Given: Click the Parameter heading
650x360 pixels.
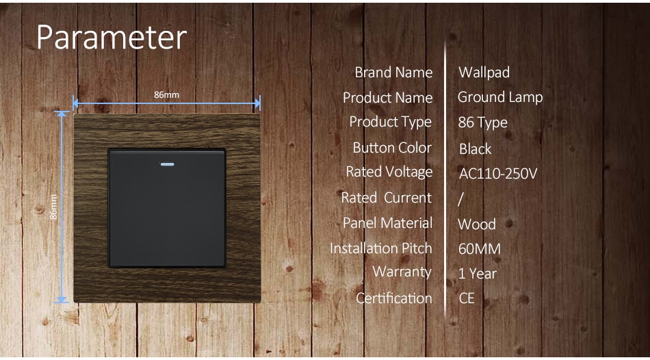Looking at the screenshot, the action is (x=112, y=38).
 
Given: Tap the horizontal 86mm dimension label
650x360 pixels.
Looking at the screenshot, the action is (x=167, y=94).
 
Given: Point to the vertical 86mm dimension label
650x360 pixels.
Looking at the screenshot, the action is (x=53, y=207).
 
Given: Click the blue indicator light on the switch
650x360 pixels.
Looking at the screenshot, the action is (x=167, y=164).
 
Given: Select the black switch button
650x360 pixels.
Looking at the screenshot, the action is (x=167, y=208).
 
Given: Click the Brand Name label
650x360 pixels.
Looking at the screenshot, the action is (x=393, y=73).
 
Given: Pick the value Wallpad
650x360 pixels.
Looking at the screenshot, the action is (x=484, y=73).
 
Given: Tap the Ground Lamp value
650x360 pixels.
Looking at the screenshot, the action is (x=500, y=97).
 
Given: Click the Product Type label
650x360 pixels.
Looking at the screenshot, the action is (x=391, y=122).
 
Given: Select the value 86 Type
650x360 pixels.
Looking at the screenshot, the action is (x=482, y=123).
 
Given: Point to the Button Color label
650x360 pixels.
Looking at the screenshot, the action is (x=392, y=148).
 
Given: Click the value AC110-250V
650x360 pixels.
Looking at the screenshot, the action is (x=498, y=173).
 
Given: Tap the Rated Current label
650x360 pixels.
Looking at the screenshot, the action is (x=387, y=198).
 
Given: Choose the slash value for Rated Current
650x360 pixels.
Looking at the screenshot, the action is (x=460, y=199).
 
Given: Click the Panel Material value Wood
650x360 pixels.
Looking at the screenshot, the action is (x=477, y=224).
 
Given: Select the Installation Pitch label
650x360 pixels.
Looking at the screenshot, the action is (x=381, y=248).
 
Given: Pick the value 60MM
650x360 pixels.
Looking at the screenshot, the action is (x=480, y=249).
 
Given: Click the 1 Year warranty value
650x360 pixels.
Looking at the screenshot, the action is (x=477, y=274).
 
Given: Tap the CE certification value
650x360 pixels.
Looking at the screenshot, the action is (x=467, y=298).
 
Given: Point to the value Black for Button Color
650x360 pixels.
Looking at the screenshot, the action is (x=475, y=149).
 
